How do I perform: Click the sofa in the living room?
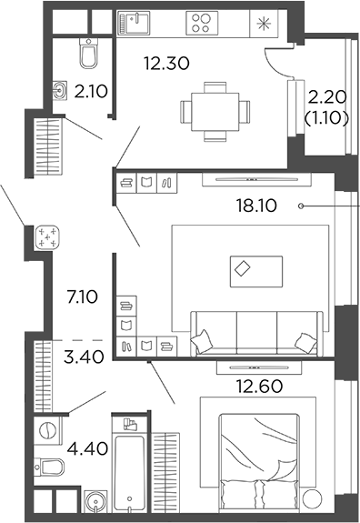[255, 332]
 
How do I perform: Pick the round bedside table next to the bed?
[312, 499]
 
